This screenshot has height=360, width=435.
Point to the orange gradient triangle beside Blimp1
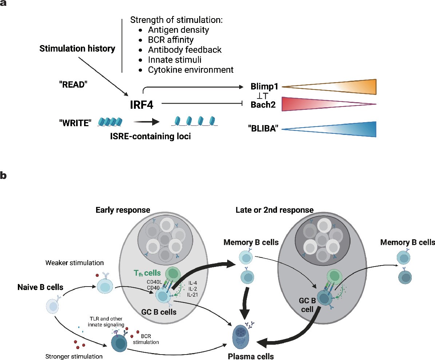349,87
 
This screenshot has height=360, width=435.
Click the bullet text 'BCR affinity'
170,40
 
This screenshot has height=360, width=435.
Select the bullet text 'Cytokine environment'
190,69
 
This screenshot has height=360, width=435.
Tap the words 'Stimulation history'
77,48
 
